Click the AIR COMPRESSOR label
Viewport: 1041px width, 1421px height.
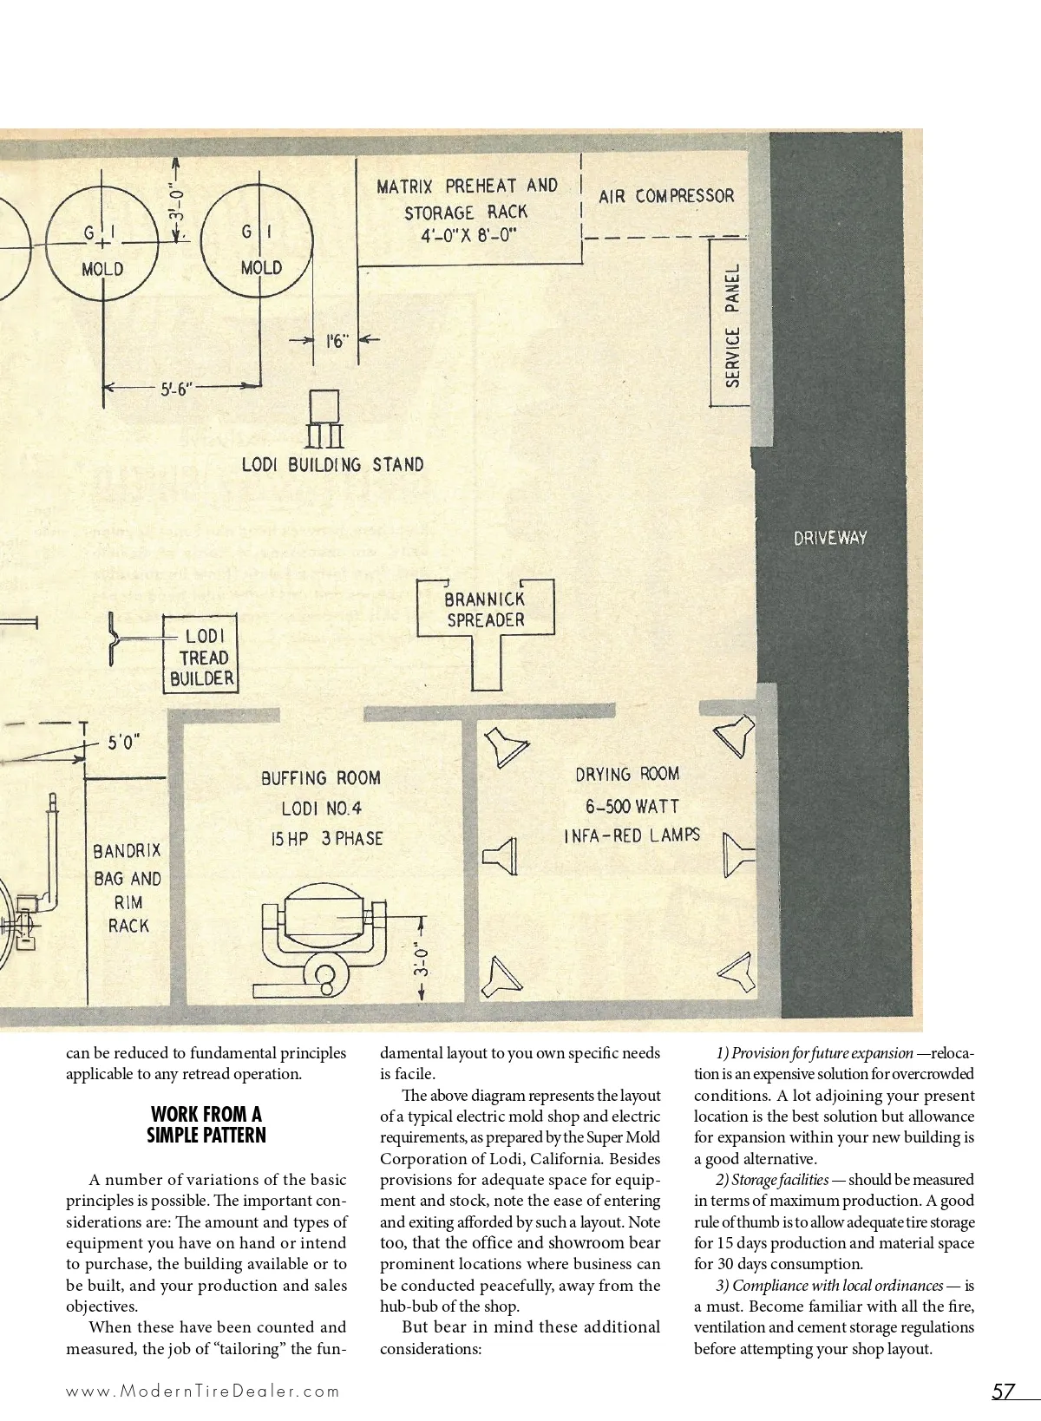tap(665, 196)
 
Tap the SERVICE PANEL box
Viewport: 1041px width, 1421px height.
tap(733, 324)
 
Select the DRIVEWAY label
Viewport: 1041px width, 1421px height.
tap(830, 538)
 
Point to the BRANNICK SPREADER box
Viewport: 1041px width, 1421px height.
tap(485, 609)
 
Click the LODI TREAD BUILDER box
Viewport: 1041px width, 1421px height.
tap(201, 657)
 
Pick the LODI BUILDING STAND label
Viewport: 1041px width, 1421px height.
tap(332, 465)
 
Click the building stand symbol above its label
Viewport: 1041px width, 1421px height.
tap(325, 418)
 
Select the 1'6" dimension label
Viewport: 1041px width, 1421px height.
tap(336, 342)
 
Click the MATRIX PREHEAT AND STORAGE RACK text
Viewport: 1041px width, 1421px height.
tap(467, 211)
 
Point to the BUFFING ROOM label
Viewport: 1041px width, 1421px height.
tap(321, 778)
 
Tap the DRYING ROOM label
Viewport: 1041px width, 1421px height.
tap(627, 774)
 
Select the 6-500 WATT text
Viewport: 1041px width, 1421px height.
tap(632, 806)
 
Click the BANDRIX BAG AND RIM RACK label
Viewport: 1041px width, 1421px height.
tap(128, 887)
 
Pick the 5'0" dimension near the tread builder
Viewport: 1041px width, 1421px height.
tap(124, 743)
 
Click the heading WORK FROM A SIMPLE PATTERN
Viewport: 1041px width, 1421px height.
tap(206, 1124)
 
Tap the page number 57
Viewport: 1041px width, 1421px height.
tap(1003, 1392)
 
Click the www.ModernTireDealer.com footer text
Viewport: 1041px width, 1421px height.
tap(203, 1392)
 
